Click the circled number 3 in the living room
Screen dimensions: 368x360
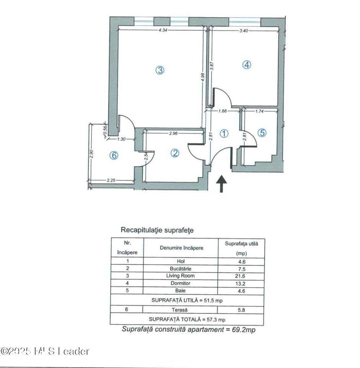point(160,70)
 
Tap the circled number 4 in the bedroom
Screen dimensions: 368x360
point(247,65)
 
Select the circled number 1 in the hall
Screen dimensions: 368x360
point(224,133)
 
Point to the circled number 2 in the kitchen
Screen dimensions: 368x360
point(175,153)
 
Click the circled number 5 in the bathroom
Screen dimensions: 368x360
point(262,133)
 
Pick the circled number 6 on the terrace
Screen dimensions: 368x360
point(113,155)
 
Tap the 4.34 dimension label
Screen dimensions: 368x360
point(163,31)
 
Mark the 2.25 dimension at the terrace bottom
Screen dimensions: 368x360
point(111,181)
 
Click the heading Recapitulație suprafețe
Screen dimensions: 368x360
point(157,230)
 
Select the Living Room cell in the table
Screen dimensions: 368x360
point(180,276)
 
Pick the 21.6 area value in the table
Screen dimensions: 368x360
point(241,276)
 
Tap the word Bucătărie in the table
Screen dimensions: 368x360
point(180,269)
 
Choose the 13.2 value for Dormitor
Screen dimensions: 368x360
point(241,283)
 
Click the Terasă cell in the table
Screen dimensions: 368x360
point(180,309)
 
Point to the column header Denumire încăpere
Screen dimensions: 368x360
point(180,248)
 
